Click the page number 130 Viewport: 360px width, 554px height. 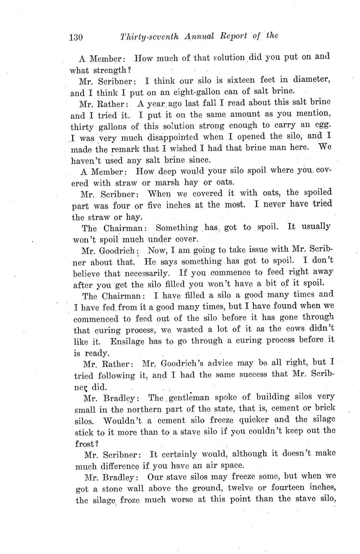(76, 37)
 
